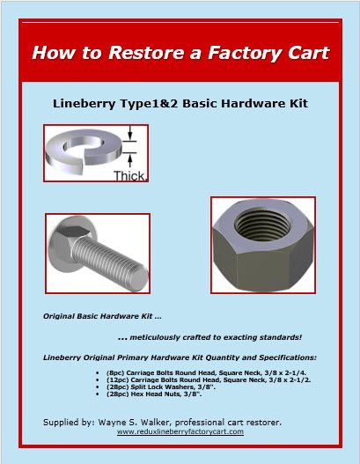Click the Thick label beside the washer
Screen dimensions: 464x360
click(129, 175)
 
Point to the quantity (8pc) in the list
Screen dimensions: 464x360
click(115, 374)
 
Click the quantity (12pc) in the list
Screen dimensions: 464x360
click(117, 382)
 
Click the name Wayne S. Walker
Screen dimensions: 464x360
click(145, 422)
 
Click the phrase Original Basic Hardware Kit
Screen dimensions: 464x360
click(97, 315)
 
